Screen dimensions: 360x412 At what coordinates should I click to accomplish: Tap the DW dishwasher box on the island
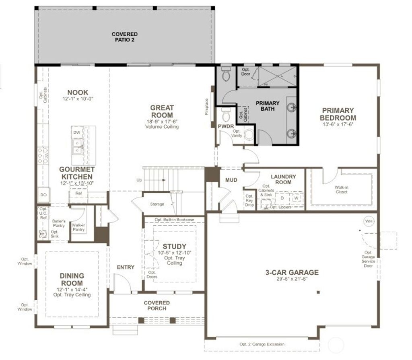tap(77, 132)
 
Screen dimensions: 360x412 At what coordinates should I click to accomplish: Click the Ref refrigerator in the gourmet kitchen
tap(78, 193)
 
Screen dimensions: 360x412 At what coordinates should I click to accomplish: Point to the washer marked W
tap(296, 198)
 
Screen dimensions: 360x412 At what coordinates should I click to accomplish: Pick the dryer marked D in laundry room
tap(282, 198)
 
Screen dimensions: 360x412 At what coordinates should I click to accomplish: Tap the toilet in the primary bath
tap(225, 75)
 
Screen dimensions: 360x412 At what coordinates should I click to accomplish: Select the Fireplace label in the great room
tap(207, 107)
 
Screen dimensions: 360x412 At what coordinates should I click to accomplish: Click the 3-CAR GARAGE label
tap(292, 272)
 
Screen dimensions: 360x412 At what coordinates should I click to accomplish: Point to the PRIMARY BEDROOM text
tap(338, 114)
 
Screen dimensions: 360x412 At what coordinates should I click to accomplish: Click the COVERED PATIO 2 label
tap(124, 37)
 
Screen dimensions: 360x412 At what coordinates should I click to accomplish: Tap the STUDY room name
tap(174, 246)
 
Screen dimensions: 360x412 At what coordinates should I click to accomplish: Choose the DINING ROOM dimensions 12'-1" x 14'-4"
tap(72, 289)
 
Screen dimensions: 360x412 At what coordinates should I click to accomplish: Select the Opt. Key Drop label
tap(249, 200)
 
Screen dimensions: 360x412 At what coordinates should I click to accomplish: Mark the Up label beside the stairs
tap(139, 180)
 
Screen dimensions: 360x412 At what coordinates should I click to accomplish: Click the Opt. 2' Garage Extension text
tap(262, 344)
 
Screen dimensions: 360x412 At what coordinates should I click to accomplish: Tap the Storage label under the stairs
tap(157, 204)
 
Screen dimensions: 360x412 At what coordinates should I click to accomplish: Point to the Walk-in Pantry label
tap(78, 227)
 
